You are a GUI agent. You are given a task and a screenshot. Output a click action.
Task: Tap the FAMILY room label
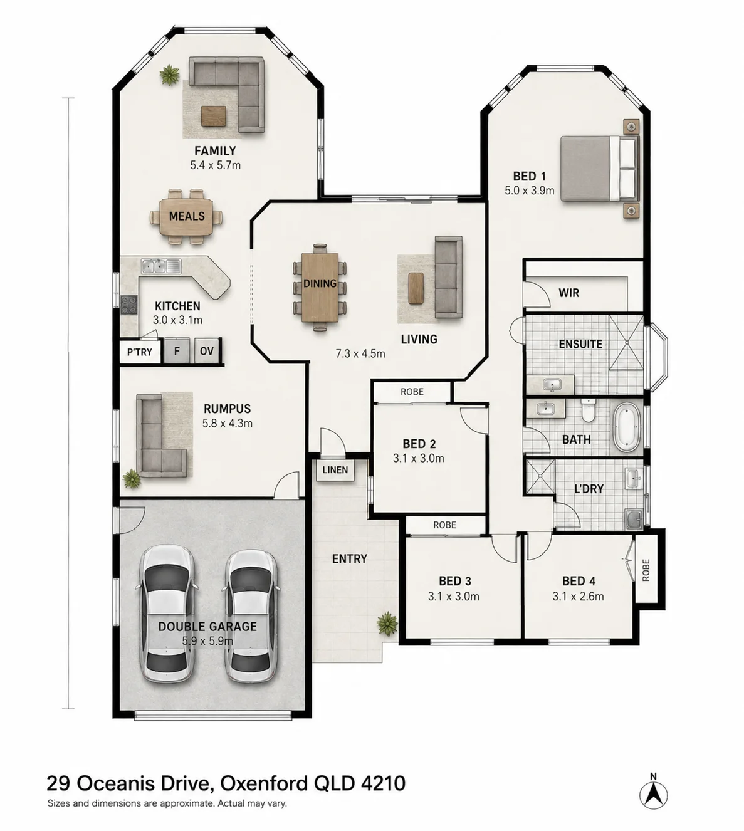215,151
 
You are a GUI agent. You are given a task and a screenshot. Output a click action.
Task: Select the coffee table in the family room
213,116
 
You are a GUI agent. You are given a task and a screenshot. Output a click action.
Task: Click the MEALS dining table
187,216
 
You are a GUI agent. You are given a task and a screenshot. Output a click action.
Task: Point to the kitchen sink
161,266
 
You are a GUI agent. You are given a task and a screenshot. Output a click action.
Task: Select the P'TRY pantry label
140,352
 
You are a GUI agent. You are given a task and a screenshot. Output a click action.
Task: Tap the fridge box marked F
177,351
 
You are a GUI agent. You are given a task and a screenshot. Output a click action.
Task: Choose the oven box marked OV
207,351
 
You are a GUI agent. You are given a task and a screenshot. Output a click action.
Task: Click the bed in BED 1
600,169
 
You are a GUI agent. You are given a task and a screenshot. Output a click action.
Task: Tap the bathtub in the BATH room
627,427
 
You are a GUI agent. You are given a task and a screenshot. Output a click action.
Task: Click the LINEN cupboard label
335,469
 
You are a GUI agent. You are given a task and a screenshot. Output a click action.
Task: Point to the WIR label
568,293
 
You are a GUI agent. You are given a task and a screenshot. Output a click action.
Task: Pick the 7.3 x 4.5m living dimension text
360,353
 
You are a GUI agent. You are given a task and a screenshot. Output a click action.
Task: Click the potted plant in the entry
387,624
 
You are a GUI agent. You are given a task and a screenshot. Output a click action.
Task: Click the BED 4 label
579,581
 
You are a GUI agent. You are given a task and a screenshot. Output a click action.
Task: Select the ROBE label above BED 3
445,525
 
